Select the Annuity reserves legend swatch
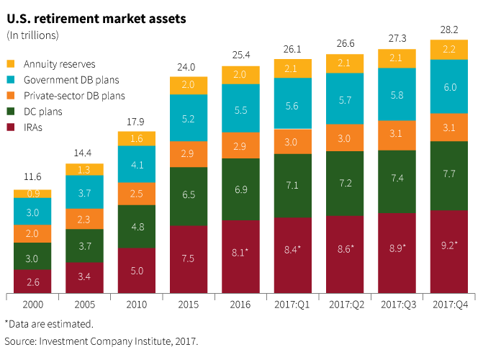click(12, 64)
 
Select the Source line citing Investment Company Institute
click(101, 341)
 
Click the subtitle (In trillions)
click(33, 35)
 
